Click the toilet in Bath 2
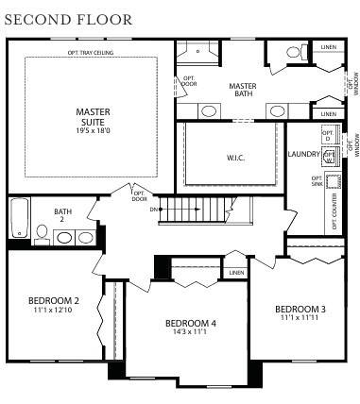[x=43, y=232]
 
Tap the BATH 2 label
[x=63, y=215]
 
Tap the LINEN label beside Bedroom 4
[x=234, y=273]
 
